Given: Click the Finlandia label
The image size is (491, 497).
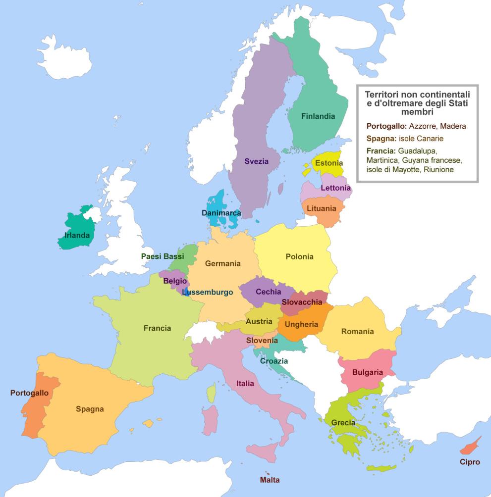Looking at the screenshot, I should (318, 116).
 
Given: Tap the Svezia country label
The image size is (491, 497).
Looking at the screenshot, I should (256, 161).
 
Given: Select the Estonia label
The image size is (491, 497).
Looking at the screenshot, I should (329, 163).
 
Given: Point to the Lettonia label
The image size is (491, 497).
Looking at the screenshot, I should (335, 188).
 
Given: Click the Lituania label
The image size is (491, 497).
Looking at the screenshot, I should (321, 209).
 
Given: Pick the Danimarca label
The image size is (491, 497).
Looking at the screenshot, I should (221, 213).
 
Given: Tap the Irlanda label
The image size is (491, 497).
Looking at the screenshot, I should (77, 235).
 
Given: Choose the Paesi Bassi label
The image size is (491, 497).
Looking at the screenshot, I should (163, 256).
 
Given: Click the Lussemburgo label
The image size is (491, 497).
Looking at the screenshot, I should (208, 293).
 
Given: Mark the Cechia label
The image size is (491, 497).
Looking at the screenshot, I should (269, 292).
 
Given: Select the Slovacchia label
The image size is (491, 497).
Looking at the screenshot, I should (302, 302).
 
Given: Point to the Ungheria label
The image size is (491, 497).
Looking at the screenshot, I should (301, 325).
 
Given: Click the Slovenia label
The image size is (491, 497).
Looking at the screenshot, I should (262, 341).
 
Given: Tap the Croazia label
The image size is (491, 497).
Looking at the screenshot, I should (274, 361).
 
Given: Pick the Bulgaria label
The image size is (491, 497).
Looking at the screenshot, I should (368, 372).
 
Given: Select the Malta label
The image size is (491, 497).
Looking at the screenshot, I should (270, 480).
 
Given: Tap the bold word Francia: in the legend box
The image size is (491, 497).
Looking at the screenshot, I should (381, 150).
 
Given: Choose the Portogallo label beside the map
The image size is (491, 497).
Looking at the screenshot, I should (29, 393).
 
